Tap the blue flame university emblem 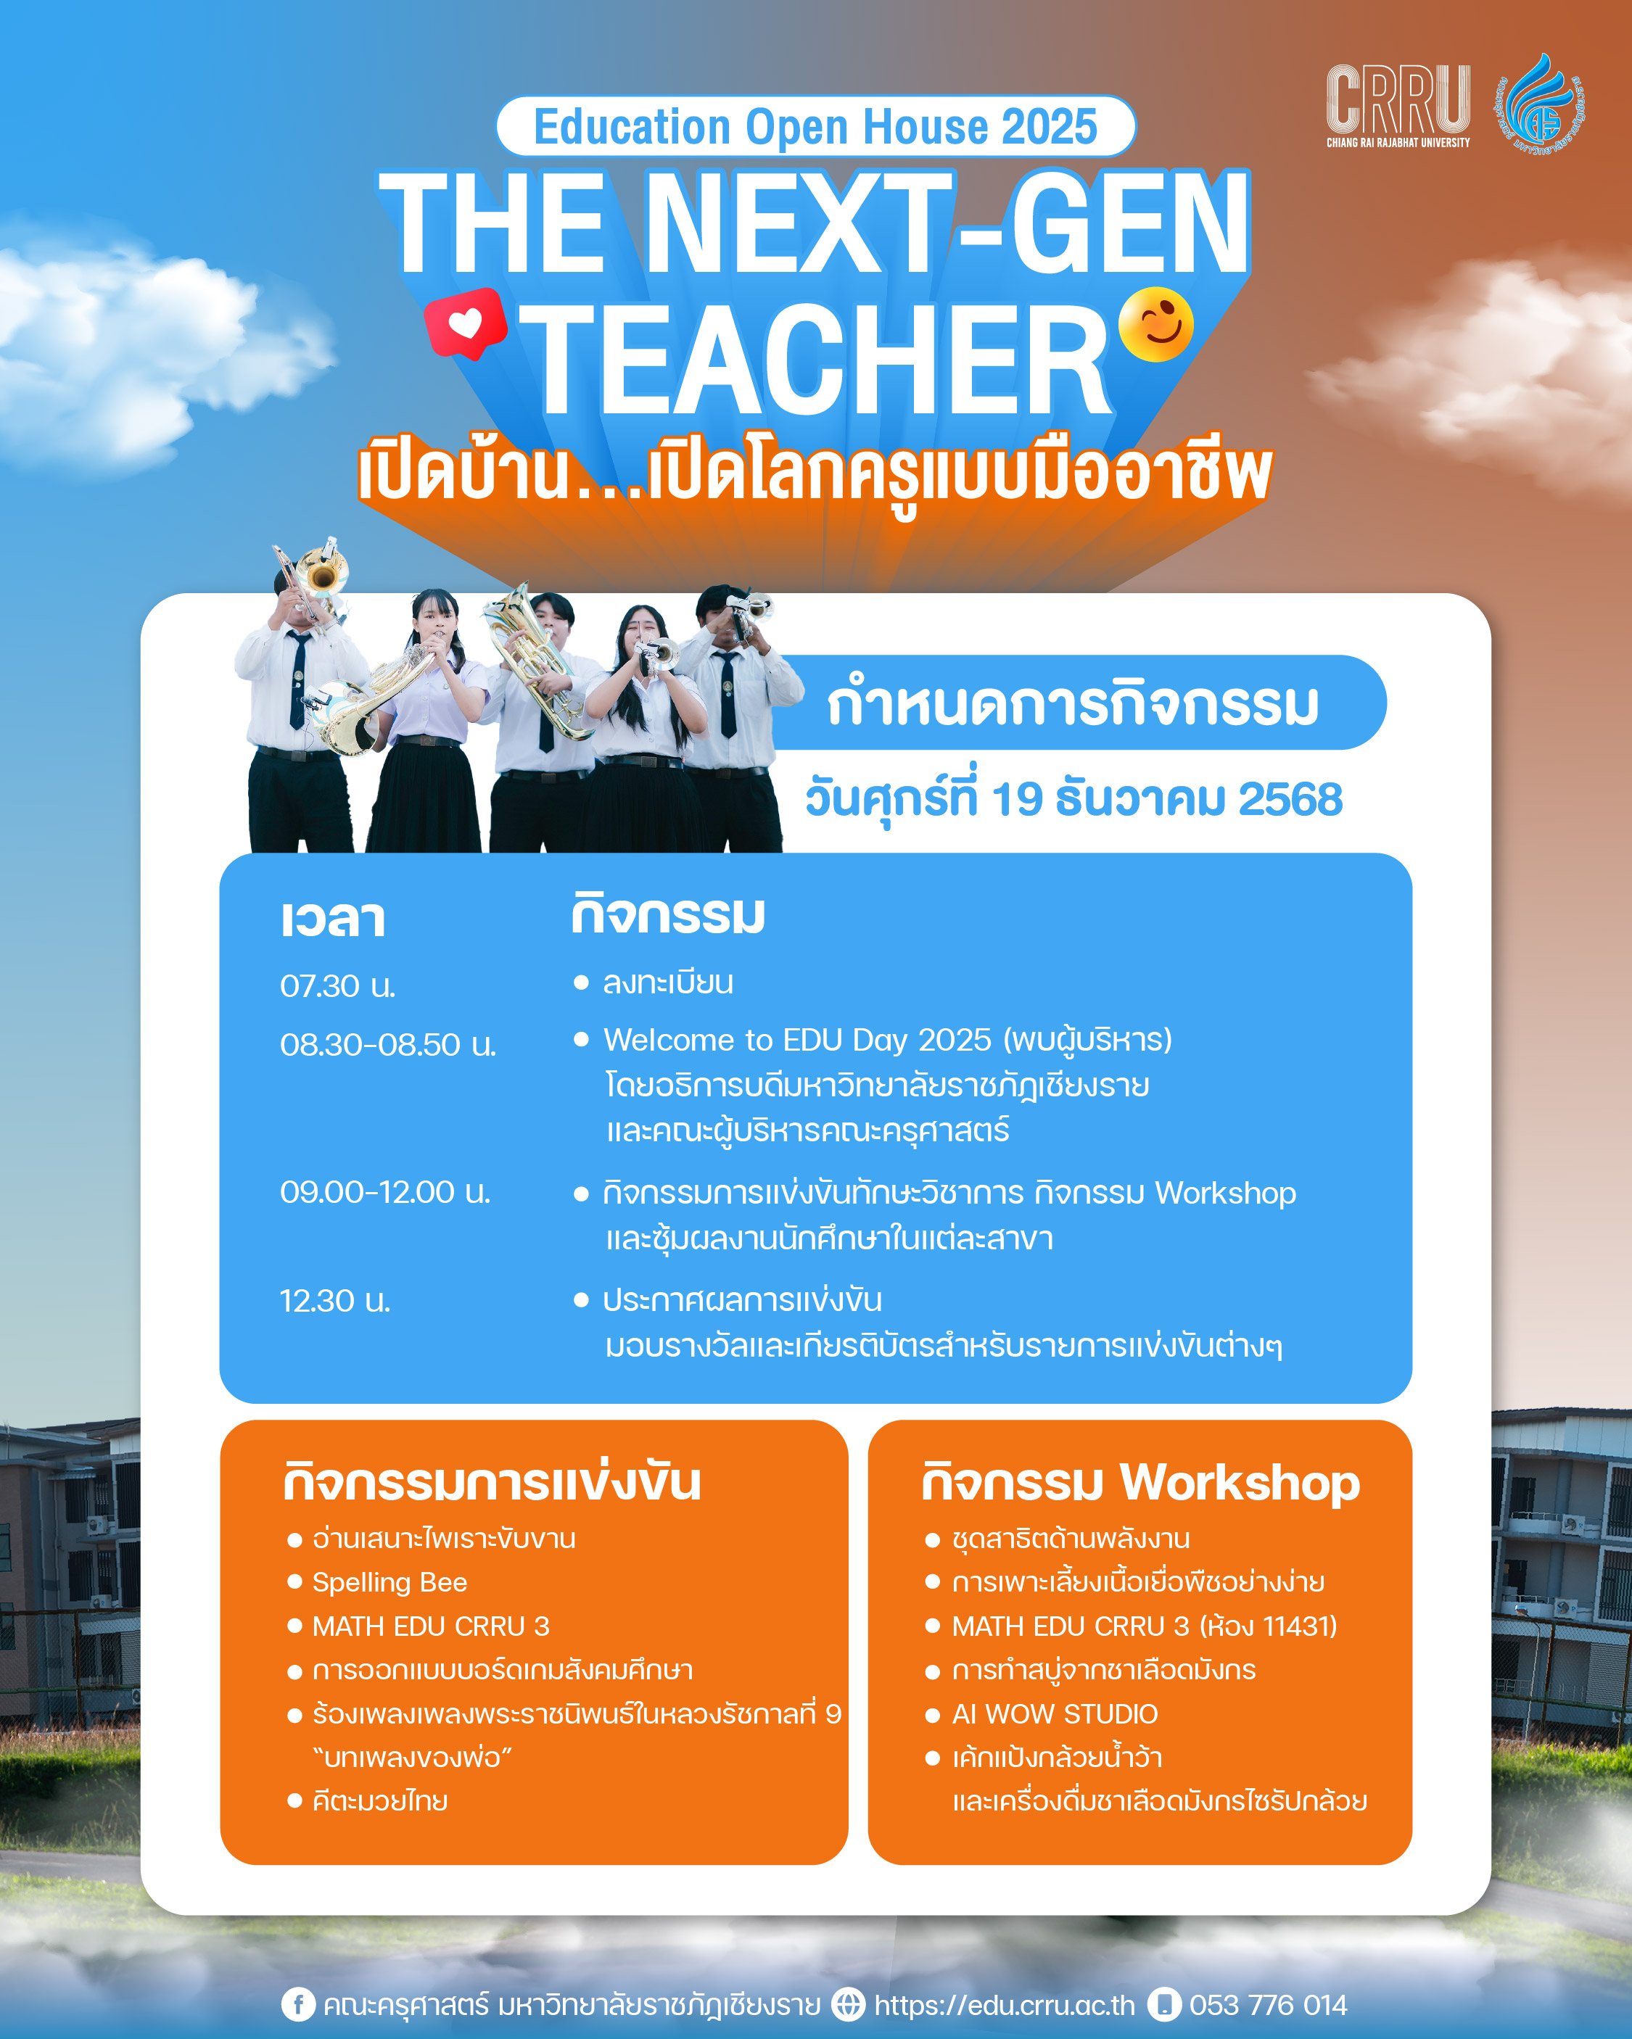(1541, 106)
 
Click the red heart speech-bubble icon (466, 323)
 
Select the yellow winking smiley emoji (1155, 324)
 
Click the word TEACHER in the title (815, 360)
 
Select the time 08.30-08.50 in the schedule (388, 1045)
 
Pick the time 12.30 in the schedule (335, 1302)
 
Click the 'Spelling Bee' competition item (390, 1582)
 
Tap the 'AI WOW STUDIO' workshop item (1055, 1713)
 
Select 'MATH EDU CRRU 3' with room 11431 (1145, 1626)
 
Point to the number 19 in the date (1017, 799)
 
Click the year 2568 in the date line (1290, 799)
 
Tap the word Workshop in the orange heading (1240, 1482)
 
